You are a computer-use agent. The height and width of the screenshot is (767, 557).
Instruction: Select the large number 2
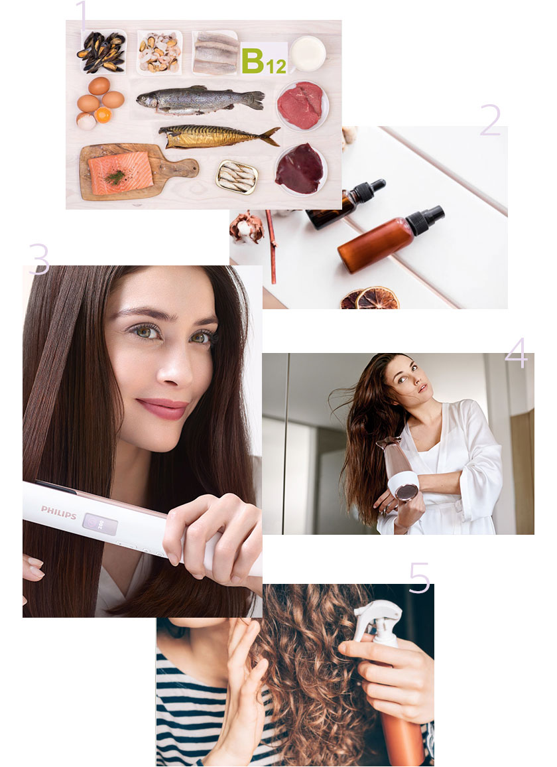[490, 120]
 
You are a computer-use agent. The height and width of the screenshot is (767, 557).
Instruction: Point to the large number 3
[38, 259]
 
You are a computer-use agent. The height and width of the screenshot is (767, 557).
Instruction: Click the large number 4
[516, 353]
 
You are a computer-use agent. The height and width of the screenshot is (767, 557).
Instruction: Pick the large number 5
[419, 578]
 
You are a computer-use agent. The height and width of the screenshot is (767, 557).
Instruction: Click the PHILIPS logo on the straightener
[58, 512]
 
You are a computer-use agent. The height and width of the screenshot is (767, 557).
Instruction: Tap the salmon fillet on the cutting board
[120, 173]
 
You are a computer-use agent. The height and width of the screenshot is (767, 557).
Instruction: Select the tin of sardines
[237, 177]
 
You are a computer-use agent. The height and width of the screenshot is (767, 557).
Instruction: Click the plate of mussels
[101, 51]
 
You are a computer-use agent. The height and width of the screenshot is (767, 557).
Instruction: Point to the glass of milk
[308, 53]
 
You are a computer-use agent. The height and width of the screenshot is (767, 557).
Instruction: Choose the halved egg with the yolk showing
[103, 115]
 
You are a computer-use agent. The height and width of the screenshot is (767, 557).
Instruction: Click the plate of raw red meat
[300, 105]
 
